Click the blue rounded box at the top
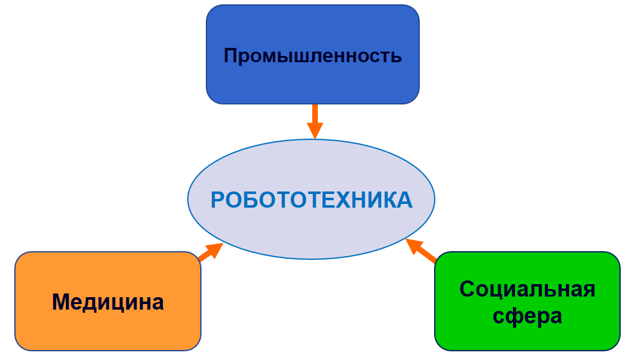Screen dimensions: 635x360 pos(313,55)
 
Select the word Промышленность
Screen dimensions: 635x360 pos(313,55)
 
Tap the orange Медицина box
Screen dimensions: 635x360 pos(108,302)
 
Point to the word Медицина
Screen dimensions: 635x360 pos(108,302)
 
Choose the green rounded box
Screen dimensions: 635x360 pos(527,302)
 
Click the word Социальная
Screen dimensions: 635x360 pos(527,289)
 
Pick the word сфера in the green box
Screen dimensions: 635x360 pos(527,316)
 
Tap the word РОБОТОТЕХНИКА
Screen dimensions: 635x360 pos(312,200)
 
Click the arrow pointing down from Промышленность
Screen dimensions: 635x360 pos(315,121)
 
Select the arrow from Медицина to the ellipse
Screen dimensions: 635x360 pos(211,252)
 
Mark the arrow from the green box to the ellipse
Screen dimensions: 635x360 pos(421,251)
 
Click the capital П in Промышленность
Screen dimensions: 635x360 pos(231,55)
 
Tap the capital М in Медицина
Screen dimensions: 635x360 pos(62,302)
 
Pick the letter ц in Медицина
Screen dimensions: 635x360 pos(124,303)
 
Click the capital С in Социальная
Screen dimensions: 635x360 pos(467,289)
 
